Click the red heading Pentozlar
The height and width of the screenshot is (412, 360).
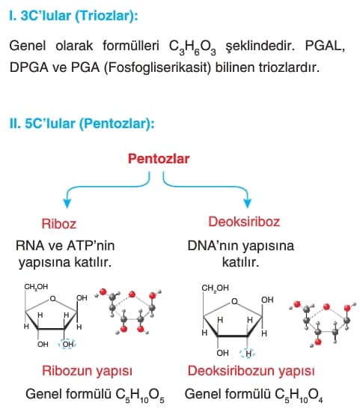pos(159,159)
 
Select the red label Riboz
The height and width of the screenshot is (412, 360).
pos(59,224)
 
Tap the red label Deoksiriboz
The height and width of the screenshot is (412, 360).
pos(244,222)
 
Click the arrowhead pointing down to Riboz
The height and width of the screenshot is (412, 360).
pos(67,203)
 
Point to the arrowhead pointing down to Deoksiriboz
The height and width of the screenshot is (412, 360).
pos(247,203)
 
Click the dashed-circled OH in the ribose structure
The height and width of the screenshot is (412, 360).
pos(68,345)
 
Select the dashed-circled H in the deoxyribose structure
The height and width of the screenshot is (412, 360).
pos(248,354)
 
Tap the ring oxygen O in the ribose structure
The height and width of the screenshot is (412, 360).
pos(53,298)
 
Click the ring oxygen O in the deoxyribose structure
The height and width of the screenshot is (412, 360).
pos(234,301)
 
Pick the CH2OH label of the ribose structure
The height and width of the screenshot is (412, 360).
pos(36,287)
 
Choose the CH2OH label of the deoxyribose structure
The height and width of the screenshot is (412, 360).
pos(215,288)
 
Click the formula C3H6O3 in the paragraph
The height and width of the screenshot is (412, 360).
pos(192,47)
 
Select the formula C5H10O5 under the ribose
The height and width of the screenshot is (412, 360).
pos(140,396)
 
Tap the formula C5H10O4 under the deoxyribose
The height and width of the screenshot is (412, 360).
pos(299,396)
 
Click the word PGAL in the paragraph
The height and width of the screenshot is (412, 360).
pos(325,46)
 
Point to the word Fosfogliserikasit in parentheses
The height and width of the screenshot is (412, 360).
pos(158,67)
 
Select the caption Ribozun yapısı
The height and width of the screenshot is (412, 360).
pos(87,372)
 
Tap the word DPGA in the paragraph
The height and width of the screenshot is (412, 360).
pos(29,67)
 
